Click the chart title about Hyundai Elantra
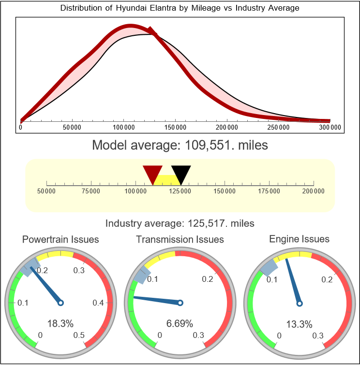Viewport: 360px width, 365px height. tap(180, 8)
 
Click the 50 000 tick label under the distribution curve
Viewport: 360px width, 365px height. tap(72, 127)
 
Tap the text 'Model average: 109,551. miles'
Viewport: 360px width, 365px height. tap(180, 145)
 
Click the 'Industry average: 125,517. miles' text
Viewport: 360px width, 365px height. tap(180, 223)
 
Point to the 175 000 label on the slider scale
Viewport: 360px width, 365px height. tap(269, 191)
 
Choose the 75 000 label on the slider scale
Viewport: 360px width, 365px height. tap(91, 191)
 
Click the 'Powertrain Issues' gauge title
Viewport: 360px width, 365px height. tap(60, 239)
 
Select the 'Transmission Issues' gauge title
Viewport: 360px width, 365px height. tap(180, 239)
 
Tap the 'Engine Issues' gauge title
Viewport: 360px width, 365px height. tap(299, 239)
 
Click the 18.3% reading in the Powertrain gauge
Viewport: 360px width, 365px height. tap(60, 324)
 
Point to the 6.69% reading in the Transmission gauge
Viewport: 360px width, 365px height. tap(180, 323)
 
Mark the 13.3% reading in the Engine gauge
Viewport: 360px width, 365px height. tap(299, 324)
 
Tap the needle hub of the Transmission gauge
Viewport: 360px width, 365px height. tap(180, 303)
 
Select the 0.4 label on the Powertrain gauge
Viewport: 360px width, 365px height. tap(98, 303)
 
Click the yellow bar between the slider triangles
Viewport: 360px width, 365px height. tap(167, 179)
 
